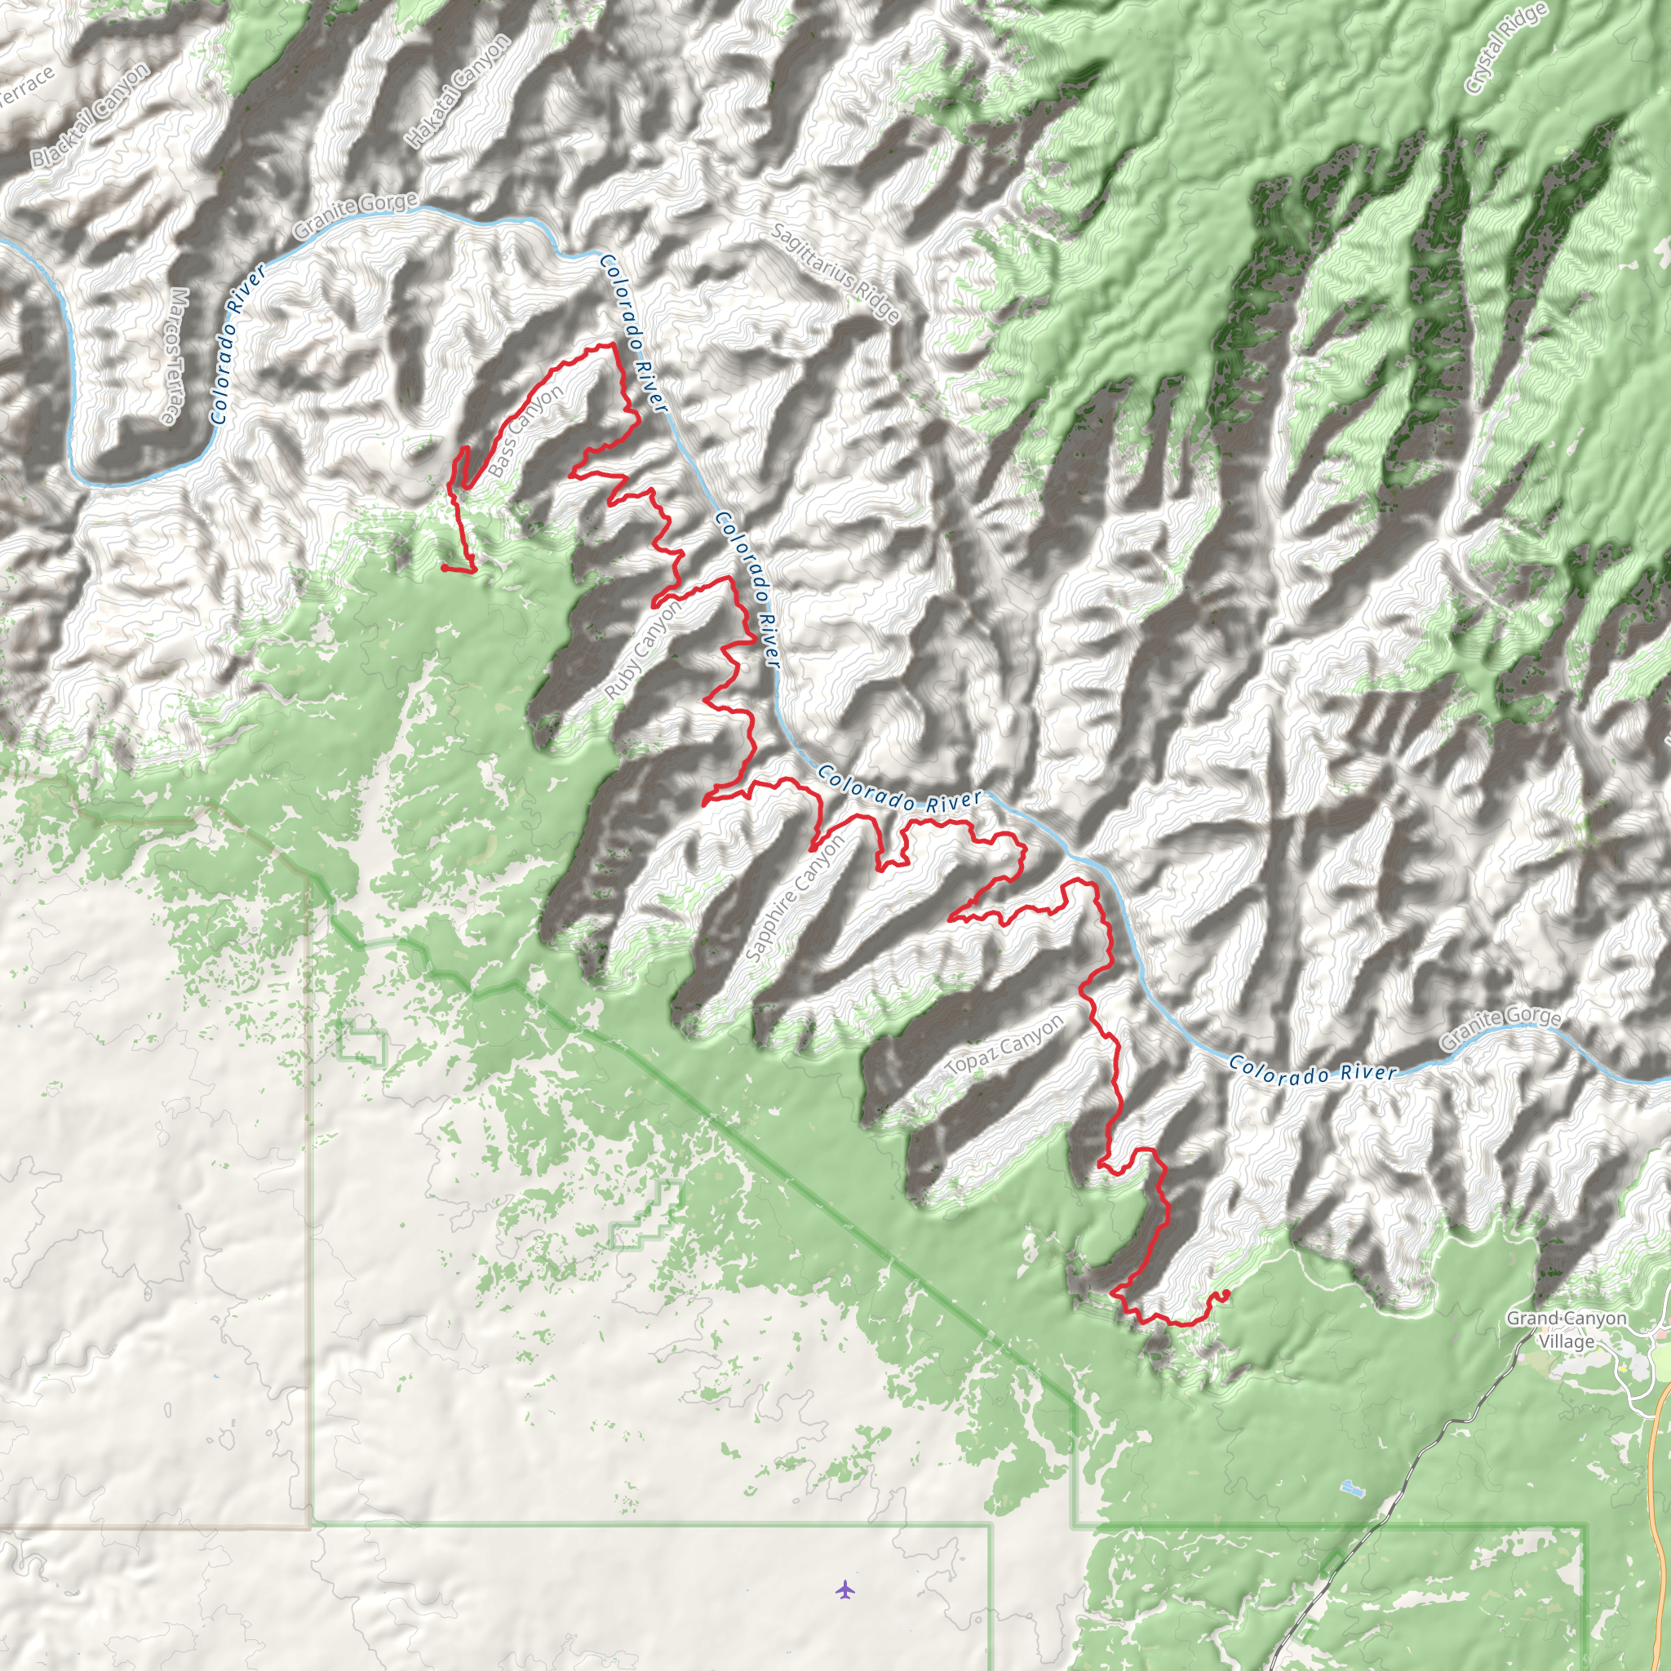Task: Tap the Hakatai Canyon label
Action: pyautogui.click(x=457, y=91)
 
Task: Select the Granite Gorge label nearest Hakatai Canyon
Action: pyautogui.click(x=356, y=215)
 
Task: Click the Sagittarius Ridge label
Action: pyautogui.click(x=835, y=273)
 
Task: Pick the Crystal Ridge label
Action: pyautogui.click(x=1494, y=47)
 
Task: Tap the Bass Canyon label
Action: pyautogui.click(x=525, y=431)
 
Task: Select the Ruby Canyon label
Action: pyautogui.click(x=643, y=649)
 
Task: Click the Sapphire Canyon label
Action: pyautogui.click(x=794, y=898)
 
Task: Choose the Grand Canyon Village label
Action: pyautogui.click(x=1567, y=1329)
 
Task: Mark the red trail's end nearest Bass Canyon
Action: pyautogui.click(x=444, y=568)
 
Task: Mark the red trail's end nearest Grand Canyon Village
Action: pyautogui.click(x=1226, y=1294)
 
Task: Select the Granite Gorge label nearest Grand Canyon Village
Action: pyautogui.click(x=1500, y=1028)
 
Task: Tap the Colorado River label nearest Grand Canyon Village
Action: pyautogui.click(x=1312, y=1070)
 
